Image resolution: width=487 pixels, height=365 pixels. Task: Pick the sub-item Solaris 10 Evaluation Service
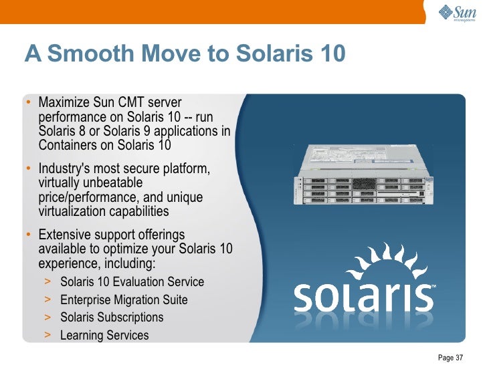[132, 282]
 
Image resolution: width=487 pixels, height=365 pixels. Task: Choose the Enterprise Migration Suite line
[124, 300]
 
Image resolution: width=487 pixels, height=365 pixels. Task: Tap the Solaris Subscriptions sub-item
[112, 318]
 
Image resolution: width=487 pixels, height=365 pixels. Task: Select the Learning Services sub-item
[104, 335]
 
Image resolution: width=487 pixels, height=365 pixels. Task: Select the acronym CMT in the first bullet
[132, 102]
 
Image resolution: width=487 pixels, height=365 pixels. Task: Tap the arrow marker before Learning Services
[47, 335]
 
